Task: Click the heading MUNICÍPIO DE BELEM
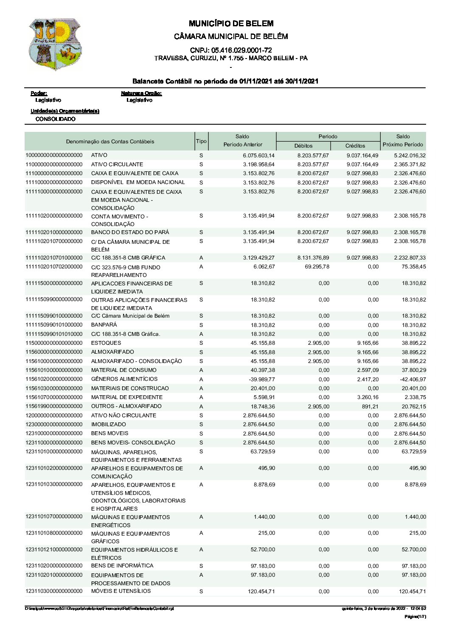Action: click(x=231, y=23)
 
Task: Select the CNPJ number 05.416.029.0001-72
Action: click(x=231, y=50)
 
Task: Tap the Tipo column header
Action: click(x=201, y=141)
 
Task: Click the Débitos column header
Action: click(x=303, y=145)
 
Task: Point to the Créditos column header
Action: click(x=355, y=145)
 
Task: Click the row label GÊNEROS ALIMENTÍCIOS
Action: click(x=124, y=379)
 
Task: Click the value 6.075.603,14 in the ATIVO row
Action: click(x=258, y=155)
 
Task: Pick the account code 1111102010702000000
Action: click(x=54, y=267)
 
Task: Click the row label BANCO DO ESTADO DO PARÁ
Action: click(x=130, y=232)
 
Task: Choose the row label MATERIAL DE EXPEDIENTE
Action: click(x=126, y=397)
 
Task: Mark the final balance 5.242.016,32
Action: click(x=410, y=155)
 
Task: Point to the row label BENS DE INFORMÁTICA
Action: click(x=122, y=566)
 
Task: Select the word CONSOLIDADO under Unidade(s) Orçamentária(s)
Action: click(x=56, y=119)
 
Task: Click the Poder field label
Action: click(x=39, y=93)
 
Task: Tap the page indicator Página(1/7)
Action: click(x=415, y=617)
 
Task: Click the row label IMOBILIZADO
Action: click(x=108, y=425)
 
